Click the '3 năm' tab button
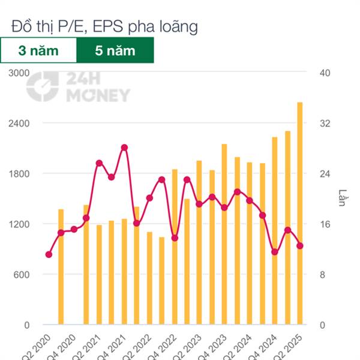[38, 50]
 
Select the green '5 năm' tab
[115, 50]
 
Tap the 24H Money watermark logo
[78, 88]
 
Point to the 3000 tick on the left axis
[19, 73]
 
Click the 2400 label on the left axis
[19, 123]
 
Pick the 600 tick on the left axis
[21, 275]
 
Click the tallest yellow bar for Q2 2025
[300, 213]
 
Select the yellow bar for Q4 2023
[224, 234]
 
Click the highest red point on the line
[124, 147]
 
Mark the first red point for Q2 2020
[49, 254]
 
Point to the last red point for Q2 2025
[300, 245]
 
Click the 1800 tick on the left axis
[19, 174]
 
